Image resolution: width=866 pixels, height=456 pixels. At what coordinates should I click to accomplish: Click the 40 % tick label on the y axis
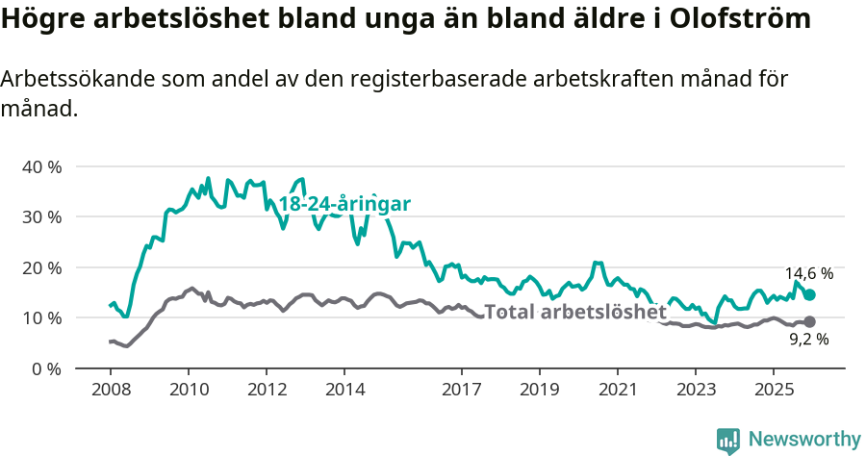coord(41,166)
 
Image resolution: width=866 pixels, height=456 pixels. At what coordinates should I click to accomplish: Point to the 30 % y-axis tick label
coord(41,216)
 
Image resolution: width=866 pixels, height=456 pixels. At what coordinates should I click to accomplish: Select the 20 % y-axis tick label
coord(41,267)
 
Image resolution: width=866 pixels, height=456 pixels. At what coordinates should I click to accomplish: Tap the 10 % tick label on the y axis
coord(41,317)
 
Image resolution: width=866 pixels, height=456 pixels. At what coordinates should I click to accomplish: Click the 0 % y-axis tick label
coord(45,368)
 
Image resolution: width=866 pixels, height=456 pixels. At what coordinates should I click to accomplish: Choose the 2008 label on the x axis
coord(110,390)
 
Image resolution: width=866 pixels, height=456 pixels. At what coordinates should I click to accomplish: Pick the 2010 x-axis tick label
coord(188,390)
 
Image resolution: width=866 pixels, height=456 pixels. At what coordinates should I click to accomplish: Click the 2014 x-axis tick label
coord(344,390)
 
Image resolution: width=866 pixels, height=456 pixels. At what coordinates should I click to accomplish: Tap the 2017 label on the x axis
coord(461,390)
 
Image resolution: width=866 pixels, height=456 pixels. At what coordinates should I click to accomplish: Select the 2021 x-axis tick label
coord(617,390)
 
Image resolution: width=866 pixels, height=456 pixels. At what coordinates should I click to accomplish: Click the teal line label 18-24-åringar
coord(344,204)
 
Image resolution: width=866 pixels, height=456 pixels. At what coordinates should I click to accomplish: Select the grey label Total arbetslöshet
coord(574,312)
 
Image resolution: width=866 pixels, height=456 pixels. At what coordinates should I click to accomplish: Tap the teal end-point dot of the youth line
coord(809,295)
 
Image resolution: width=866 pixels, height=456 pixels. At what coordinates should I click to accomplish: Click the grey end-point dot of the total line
coord(809,321)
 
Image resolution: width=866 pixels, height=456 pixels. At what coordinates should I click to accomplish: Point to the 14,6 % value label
coord(808,274)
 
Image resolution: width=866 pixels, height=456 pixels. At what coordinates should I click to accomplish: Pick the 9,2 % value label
coord(808,340)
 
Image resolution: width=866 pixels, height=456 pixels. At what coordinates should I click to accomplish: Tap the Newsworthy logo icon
coord(728,440)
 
